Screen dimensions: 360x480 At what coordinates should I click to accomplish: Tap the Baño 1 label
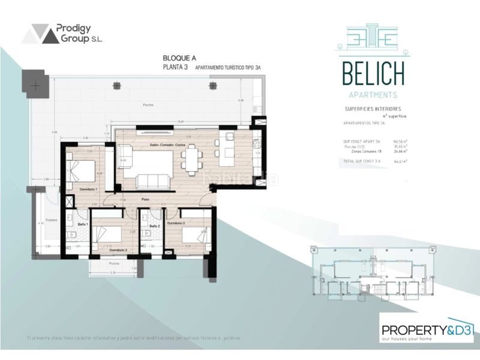(x=81, y=224)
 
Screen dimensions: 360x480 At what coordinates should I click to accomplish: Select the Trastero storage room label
(x=50, y=220)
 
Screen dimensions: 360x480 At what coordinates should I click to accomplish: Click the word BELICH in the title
(x=373, y=75)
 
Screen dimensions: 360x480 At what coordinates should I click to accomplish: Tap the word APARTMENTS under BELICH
(x=373, y=95)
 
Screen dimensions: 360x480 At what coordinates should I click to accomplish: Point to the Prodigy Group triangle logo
(x=40, y=34)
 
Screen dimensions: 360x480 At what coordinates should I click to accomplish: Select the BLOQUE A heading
(x=178, y=58)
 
